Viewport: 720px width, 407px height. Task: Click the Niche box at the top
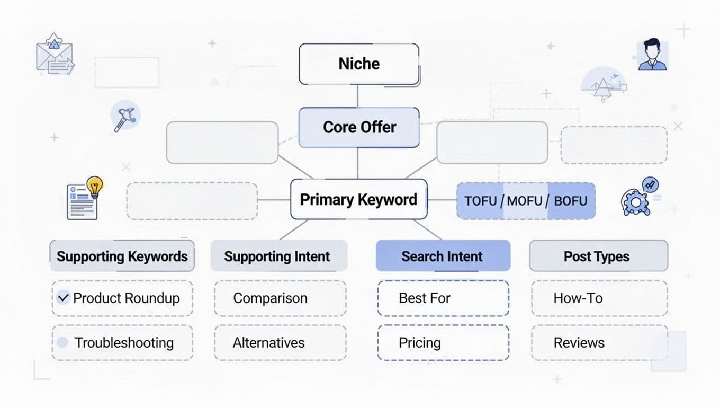tap(359, 64)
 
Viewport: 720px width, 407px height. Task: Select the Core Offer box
tap(359, 127)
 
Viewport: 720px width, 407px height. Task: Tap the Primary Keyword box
tap(358, 199)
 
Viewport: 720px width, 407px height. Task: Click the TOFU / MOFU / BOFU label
tap(526, 201)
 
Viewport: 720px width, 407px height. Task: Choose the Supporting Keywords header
tap(122, 256)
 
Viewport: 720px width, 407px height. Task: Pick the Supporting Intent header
tap(277, 256)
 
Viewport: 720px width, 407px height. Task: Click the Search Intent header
tap(442, 256)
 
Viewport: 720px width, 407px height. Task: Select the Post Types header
tap(597, 256)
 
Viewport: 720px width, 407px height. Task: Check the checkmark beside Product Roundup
tap(64, 298)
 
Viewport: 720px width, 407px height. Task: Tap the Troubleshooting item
tap(123, 342)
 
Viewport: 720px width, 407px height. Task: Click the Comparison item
tap(270, 298)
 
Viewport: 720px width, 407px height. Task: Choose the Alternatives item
tap(269, 342)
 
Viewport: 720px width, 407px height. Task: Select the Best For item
tap(425, 298)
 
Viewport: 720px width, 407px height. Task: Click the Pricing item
tap(420, 342)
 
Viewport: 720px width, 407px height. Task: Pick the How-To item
tap(578, 298)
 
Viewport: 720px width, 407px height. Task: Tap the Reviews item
tap(579, 342)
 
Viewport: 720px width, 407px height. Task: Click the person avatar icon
tap(652, 55)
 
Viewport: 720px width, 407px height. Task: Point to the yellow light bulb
tap(95, 187)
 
